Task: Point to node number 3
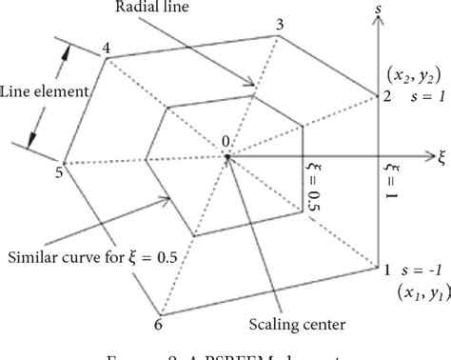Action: click(279, 24)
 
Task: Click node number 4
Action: click(105, 48)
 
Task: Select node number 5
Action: click(58, 171)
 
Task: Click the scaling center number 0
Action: click(225, 142)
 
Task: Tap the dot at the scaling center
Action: click(228, 156)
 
